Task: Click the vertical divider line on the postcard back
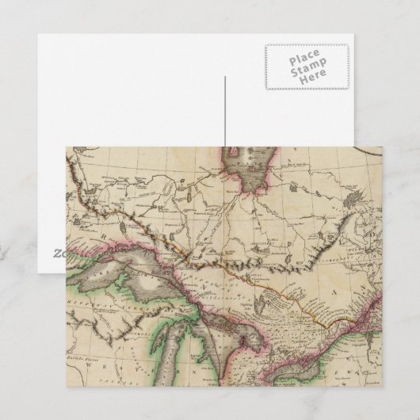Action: click(x=224, y=111)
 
